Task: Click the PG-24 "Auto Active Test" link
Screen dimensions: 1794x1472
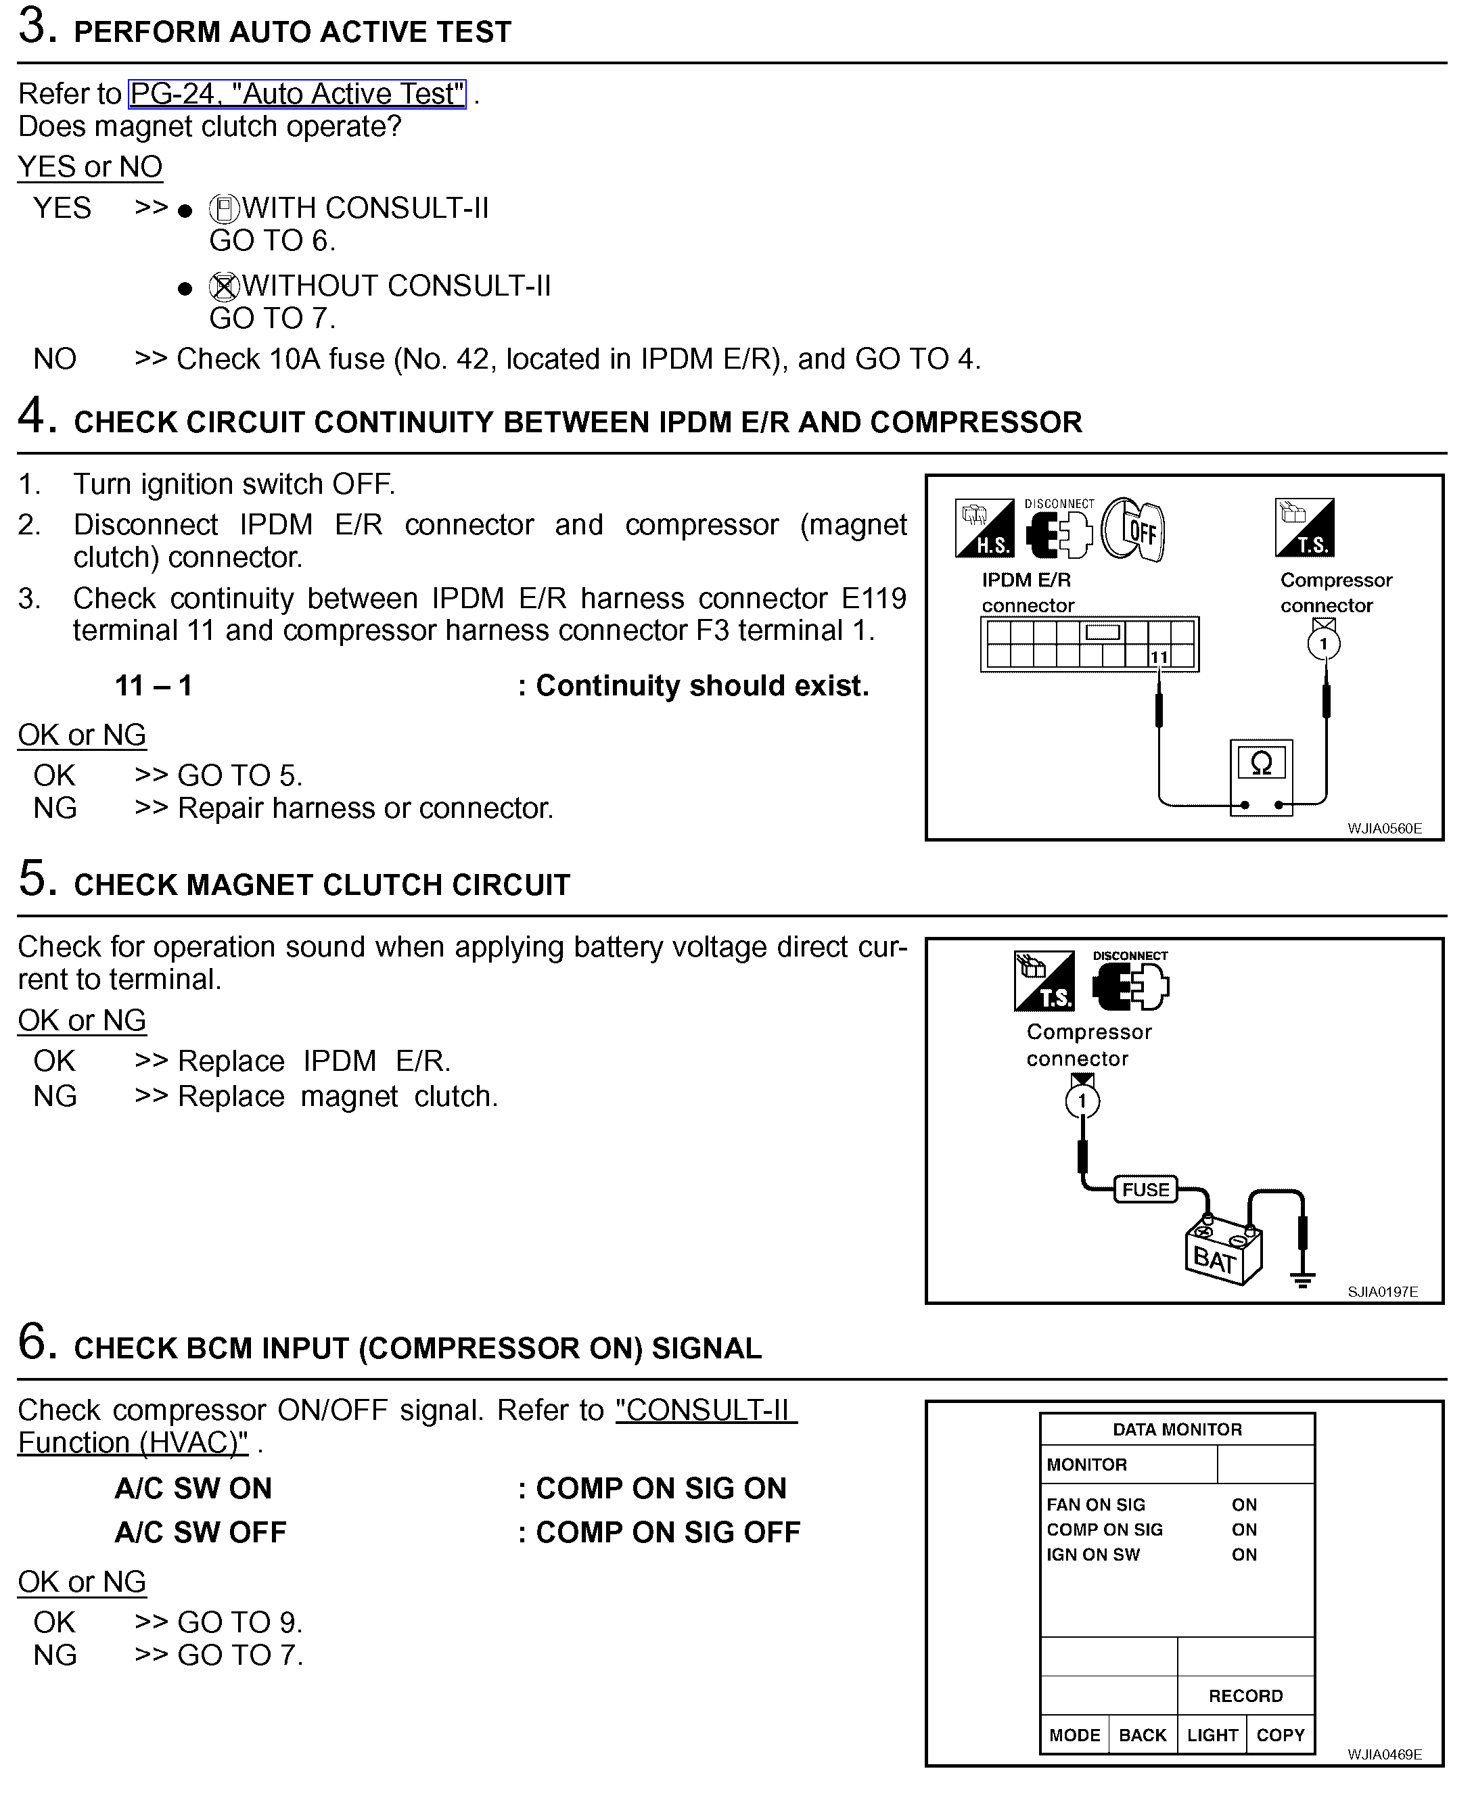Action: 297,93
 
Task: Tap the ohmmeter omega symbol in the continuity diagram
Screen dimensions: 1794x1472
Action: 1261,763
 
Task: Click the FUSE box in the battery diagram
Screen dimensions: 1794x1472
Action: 1145,1189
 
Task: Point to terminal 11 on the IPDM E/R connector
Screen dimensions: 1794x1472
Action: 1159,657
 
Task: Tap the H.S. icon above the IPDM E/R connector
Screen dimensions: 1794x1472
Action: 984,528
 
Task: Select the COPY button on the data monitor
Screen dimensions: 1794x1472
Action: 1281,1734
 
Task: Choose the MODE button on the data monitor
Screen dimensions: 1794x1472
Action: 1074,1734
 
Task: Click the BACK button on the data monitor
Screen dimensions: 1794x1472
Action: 1143,1734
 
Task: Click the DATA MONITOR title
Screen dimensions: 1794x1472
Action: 1177,1429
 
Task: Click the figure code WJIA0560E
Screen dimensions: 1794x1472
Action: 1385,828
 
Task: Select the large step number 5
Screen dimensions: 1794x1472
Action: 37,878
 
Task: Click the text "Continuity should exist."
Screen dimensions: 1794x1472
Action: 702,685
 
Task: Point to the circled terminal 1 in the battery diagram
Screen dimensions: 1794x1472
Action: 1082,1101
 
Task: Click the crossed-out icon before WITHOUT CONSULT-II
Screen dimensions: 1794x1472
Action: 224,287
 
